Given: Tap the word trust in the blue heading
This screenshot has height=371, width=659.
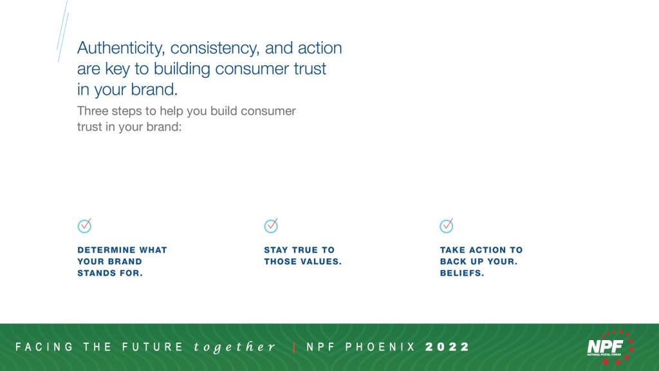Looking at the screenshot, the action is (310, 68).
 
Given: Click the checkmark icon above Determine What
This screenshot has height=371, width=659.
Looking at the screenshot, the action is (84, 225).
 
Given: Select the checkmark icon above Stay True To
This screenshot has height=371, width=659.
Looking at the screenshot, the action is (271, 225).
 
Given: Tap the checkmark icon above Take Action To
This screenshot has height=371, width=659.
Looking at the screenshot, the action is (447, 225).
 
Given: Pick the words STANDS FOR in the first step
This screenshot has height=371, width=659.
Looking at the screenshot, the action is (109, 273).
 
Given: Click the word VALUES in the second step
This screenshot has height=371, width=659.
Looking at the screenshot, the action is (323, 262).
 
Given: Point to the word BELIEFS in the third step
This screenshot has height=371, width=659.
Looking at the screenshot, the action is (462, 273).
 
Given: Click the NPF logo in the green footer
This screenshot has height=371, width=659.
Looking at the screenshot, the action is (610, 347).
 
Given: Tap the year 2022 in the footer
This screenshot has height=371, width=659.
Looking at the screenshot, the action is (447, 347).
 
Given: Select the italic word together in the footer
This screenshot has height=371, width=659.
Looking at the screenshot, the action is (234, 347).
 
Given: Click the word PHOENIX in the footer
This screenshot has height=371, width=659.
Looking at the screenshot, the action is (380, 347).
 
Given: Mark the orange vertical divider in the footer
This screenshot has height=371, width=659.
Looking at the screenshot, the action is (293, 347).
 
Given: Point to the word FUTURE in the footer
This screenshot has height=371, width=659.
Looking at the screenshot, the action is (153, 347).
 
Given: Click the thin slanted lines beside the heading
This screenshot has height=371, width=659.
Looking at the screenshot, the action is (62, 31).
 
